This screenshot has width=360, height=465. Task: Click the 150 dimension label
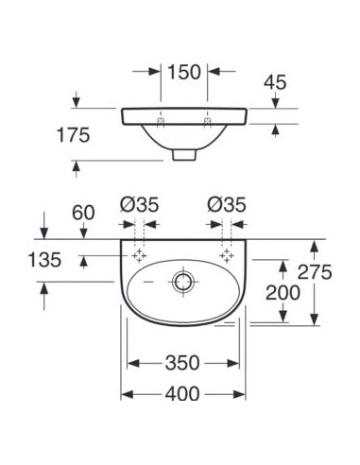[x=184, y=72]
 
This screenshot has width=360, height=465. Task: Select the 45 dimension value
[x=275, y=82]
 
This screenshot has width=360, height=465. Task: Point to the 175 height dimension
[x=73, y=135]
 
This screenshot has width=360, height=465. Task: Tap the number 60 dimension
[x=83, y=213]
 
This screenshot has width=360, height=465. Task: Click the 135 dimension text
[x=44, y=260]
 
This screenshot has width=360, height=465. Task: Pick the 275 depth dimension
[x=315, y=272]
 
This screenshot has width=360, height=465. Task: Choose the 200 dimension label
[x=283, y=293]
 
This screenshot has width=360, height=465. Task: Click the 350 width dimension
[x=182, y=363]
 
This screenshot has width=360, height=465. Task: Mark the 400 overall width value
[x=182, y=393]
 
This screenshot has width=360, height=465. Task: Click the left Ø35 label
[x=139, y=205]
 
